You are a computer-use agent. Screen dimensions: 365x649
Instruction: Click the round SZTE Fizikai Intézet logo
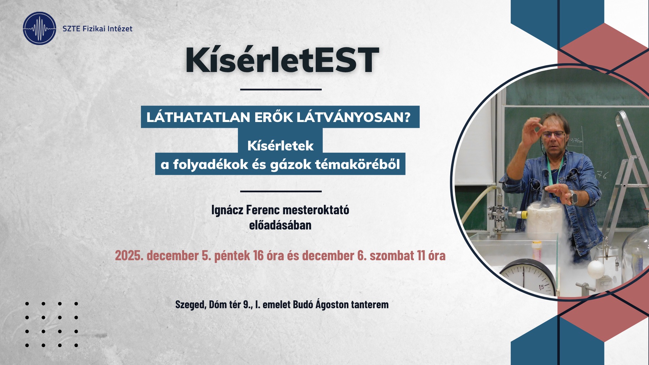40,28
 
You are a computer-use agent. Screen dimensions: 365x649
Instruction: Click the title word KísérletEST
282,60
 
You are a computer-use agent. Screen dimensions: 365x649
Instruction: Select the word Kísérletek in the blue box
280,146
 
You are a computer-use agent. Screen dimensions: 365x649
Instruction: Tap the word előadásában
280,225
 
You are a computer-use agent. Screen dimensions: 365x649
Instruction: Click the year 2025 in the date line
128,255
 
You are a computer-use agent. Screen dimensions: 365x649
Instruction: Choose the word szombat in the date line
392,255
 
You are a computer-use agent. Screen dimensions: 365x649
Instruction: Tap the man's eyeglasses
553,135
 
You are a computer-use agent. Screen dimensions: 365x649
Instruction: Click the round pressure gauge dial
527,277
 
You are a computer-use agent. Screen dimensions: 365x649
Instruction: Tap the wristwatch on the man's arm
574,197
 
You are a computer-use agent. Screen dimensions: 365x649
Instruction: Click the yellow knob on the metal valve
524,215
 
